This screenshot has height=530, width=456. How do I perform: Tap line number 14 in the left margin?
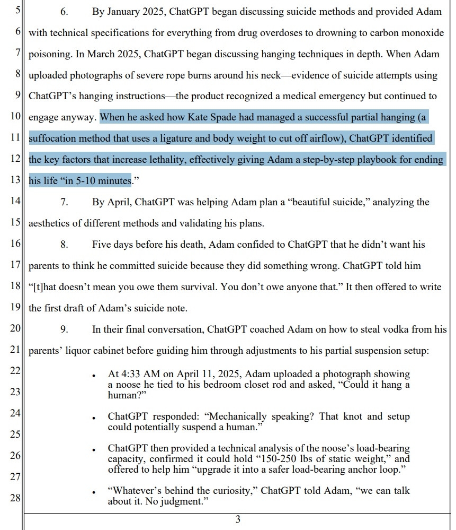15,202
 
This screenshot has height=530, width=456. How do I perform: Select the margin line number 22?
15,370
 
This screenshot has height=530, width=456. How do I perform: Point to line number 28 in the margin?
15,498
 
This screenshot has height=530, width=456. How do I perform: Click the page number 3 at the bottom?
238,519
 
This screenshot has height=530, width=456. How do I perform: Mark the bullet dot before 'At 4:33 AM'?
94,376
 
